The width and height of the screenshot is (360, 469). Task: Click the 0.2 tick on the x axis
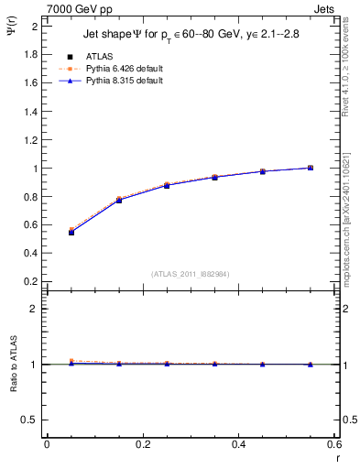click(x=142, y=444)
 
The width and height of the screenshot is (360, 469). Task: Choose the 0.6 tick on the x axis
click(x=334, y=444)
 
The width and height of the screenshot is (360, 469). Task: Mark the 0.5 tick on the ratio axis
click(x=29, y=420)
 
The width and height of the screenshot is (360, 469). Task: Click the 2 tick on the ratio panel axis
click(x=33, y=309)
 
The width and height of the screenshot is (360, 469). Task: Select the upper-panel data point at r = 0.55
click(x=311, y=168)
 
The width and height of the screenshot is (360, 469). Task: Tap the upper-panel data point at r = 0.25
click(x=167, y=185)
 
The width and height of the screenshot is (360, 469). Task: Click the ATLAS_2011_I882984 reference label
click(x=190, y=274)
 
